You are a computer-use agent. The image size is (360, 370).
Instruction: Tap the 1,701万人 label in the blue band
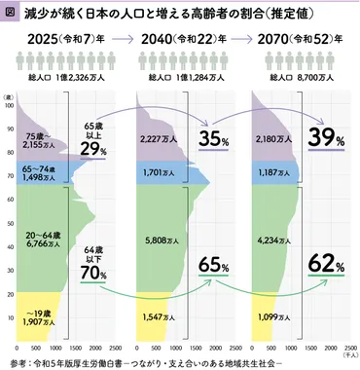click(155, 176)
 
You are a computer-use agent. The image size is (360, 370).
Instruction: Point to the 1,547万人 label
click(155, 316)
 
